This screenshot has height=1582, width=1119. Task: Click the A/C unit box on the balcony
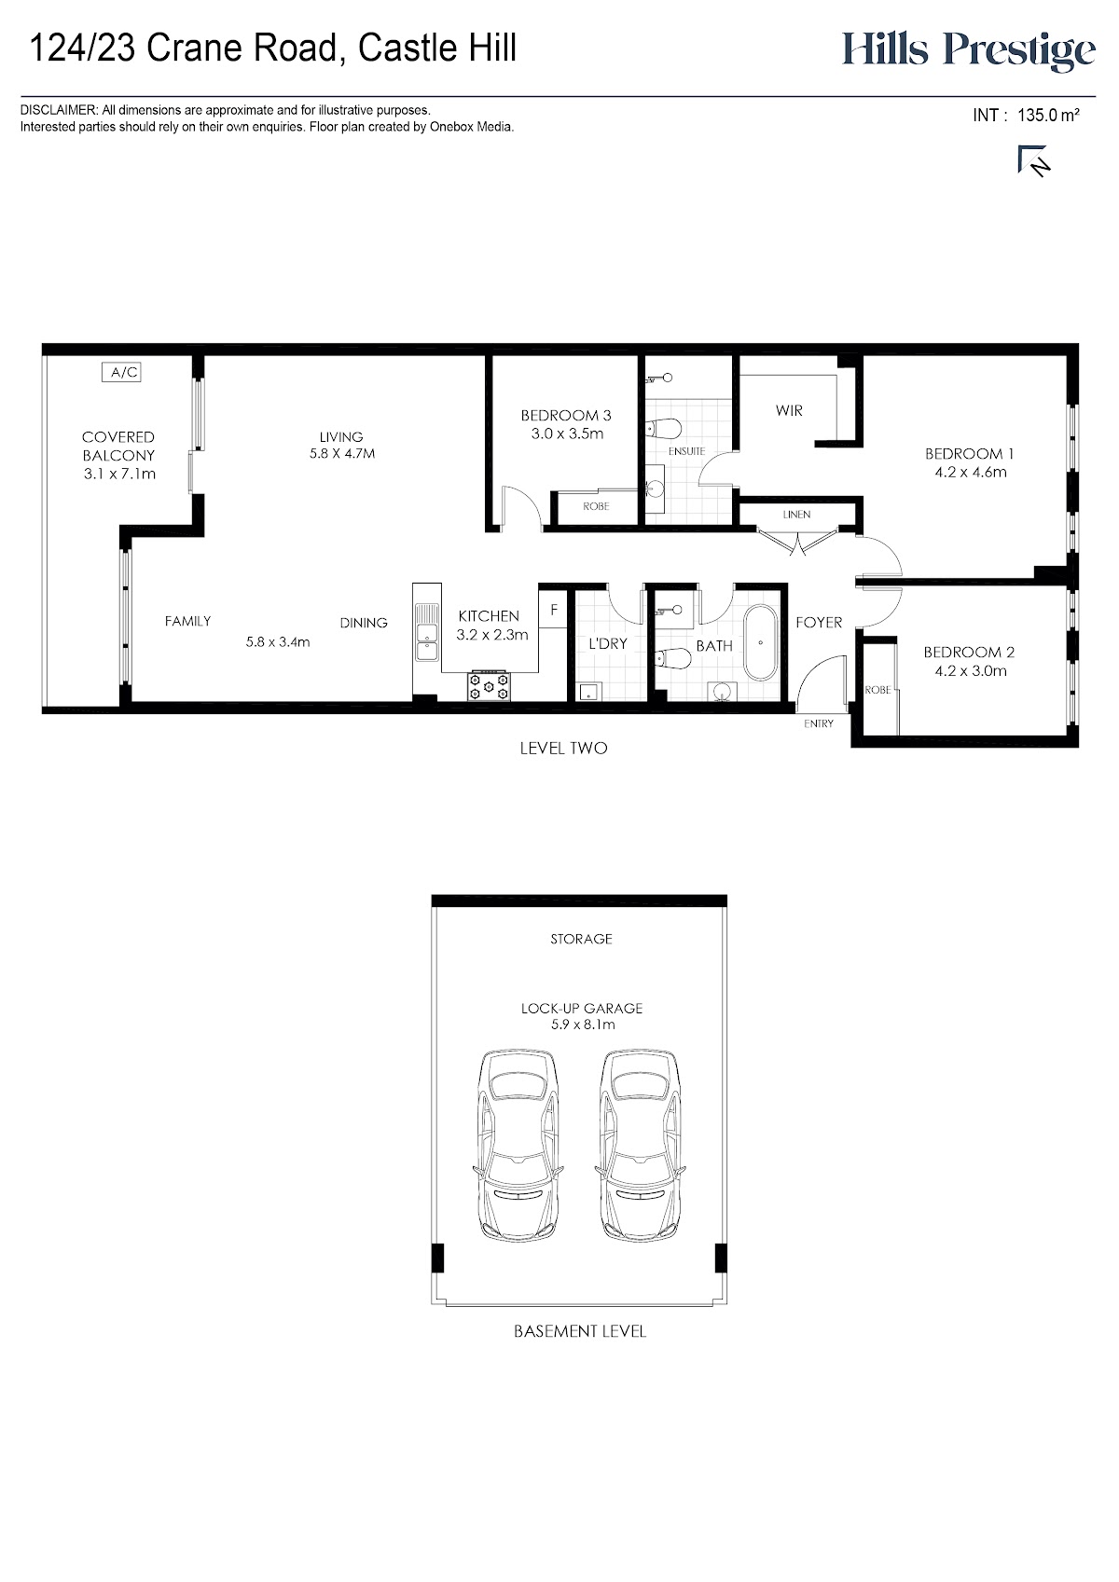[121, 371]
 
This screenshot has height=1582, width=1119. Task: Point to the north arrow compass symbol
[1033, 160]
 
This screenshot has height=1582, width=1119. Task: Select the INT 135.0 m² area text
[1026, 115]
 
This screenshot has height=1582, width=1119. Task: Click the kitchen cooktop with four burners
[488, 685]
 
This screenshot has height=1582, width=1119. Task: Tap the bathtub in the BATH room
[760, 642]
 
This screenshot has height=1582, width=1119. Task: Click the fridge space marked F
[553, 608]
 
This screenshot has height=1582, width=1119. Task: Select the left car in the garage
[518, 1147]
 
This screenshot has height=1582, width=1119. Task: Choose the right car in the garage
[640, 1147]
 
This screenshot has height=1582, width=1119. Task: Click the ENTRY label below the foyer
[818, 723]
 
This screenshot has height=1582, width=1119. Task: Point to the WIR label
[788, 410]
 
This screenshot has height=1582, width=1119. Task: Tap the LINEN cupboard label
[796, 515]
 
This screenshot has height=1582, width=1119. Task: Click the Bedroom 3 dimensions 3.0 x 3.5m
[567, 433]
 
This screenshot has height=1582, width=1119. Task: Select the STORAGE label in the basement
[581, 939]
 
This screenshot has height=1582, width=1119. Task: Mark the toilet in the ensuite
[663, 428]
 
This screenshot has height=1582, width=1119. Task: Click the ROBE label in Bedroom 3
[596, 505]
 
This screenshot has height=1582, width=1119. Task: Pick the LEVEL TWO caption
[564, 748]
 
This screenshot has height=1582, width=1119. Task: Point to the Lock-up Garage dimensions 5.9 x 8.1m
[583, 1025]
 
